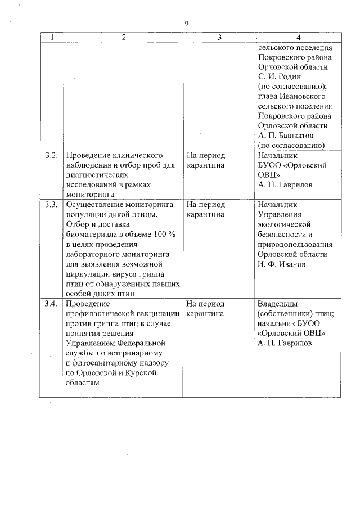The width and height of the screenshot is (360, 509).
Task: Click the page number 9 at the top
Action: pyautogui.click(x=186, y=23)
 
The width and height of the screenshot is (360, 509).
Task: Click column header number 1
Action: pyautogui.click(x=52, y=37)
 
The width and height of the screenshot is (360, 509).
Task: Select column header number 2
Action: pyautogui.click(x=123, y=37)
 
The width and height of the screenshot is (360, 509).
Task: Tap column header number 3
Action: pyautogui.click(x=219, y=37)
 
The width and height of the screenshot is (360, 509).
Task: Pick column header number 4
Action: pyautogui.click(x=298, y=37)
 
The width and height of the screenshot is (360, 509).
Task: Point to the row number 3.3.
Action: pyautogui.click(x=52, y=204)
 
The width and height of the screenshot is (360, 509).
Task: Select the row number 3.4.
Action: pyautogui.click(x=52, y=304)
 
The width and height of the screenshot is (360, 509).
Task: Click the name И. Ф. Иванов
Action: pyautogui.click(x=282, y=264)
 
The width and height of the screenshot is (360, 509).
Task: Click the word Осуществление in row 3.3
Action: pyautogui.click(x=95, y=204)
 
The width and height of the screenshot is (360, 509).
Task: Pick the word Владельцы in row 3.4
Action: pyautogui.click(x=277, y=304)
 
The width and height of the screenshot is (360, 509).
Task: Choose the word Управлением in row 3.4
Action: pyautogui.click(x=92, y=343)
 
